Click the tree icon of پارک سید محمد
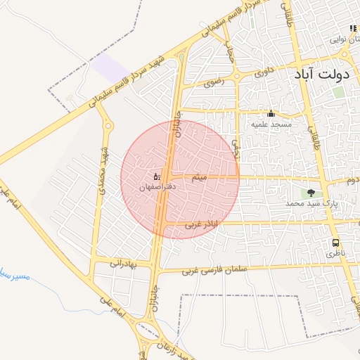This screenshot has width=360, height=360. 311,193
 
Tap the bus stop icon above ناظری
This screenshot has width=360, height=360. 336,243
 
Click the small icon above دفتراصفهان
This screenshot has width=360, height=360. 156,176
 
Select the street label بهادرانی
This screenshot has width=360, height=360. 126,262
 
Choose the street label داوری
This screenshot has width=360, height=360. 263,71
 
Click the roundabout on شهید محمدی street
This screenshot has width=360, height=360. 108,126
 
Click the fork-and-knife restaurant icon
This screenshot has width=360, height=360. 353,29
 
